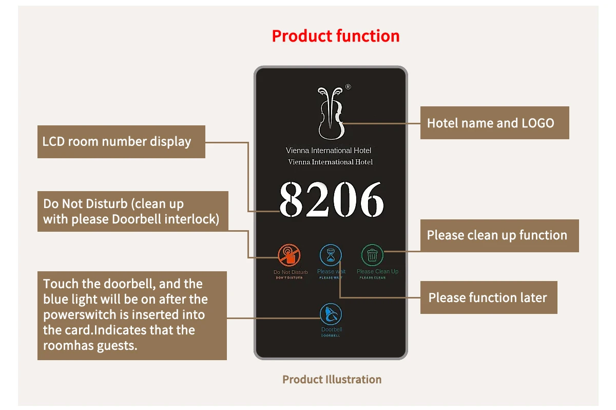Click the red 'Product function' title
tap(335, 36)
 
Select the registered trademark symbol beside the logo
tap(348, 87)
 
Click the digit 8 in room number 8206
tap(292, 200)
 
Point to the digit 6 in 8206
tap(371, 200)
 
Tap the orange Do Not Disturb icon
tap(290, 255)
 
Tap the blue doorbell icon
tap(331, 314)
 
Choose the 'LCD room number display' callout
tap(121, 142)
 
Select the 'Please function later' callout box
tap(489, 297)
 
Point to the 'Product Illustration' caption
tap(332, 380)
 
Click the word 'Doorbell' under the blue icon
tap(332, 329)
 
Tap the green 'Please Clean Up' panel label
tap(377, 271)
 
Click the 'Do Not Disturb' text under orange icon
tap(291, 272)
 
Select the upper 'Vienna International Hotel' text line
tap(329, 151)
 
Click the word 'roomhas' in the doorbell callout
tap(66, 345)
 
